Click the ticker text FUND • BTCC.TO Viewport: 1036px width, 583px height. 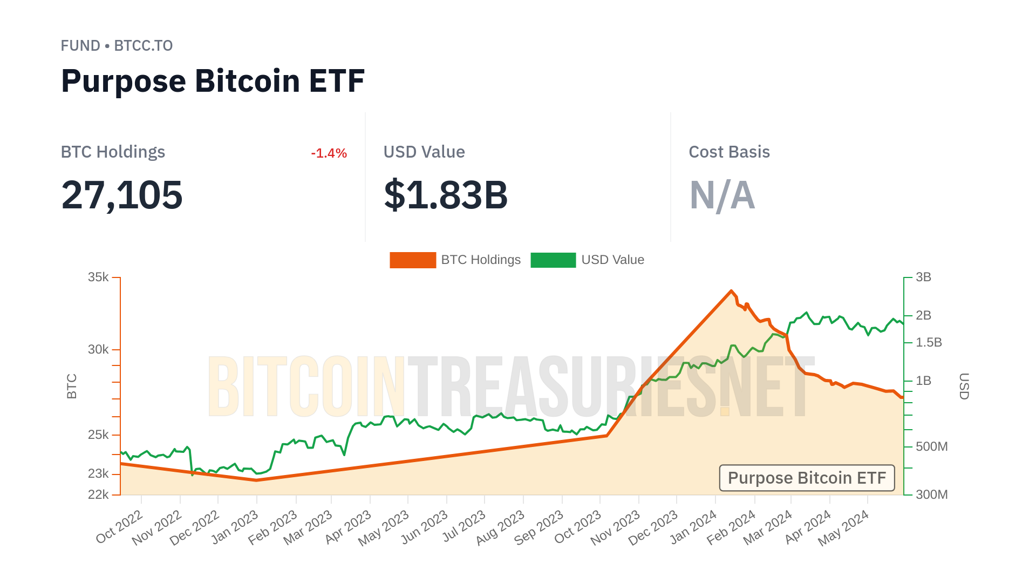[x=117, y=46]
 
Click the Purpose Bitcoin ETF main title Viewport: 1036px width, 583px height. [x=213, y=81]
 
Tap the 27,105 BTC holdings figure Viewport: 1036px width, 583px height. [x=122, y=195]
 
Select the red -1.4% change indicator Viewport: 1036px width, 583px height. [x=329, y=153]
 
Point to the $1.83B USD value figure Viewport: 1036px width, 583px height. [x=446, y=195]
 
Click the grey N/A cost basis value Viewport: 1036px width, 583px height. [x=722, y=195]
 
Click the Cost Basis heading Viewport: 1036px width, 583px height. [x=729, y=152]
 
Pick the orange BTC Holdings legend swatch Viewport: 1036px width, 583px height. [x=413, y=260]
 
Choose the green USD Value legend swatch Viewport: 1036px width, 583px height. [x=553, y=260]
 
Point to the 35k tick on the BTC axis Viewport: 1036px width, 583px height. [x=99, y=277]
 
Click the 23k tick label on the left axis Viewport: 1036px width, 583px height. [x=99, y=474]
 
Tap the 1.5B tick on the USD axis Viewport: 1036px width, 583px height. [x=929, y=343]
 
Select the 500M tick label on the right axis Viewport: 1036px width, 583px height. [x=931, y=447]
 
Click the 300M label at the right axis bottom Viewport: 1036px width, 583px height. [x=931, y=494]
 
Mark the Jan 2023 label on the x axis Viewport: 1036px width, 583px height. [x=235, y=527]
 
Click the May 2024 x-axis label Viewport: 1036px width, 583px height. [x=843, y=528]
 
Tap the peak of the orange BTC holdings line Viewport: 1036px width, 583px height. [x=732, y=291]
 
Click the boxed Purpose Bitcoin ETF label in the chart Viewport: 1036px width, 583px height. [x=807, y=478]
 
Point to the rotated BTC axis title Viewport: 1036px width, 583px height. [x=72, y=386]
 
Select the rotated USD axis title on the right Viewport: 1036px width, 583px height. [x=964, y=386]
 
